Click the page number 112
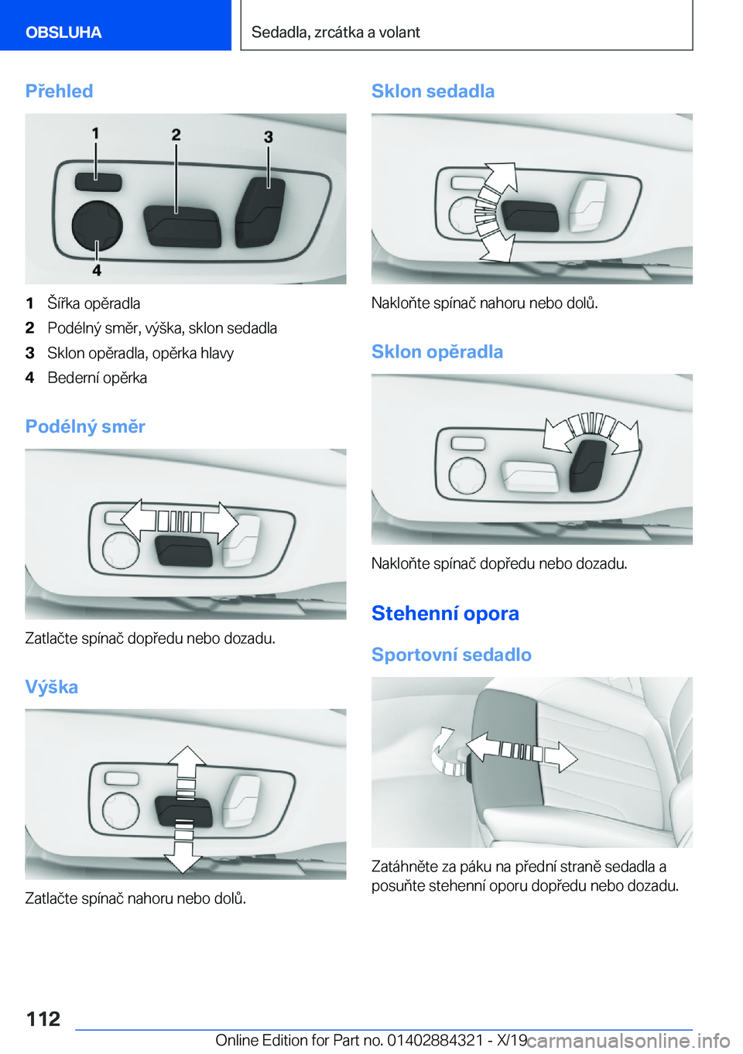[x=43, y=1018]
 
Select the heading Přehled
[x=60, y=91]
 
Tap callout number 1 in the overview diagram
[x=95, y=134]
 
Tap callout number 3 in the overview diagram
[x=269, y=137]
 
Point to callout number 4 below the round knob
[x=97, y=270]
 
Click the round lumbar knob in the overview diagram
[x=98, y=225]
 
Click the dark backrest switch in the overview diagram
[x=260, y=212]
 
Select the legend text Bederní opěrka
[x=98, y=378]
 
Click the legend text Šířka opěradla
[x=94, y=303]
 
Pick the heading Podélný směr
[x=85, y=426]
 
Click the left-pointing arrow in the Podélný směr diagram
[x=139, y=520]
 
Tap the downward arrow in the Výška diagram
[x=183, y=857]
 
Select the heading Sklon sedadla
[x=433, y=91]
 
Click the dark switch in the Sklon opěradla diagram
[x=587, y=467]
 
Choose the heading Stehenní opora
[x=445, y=613]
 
